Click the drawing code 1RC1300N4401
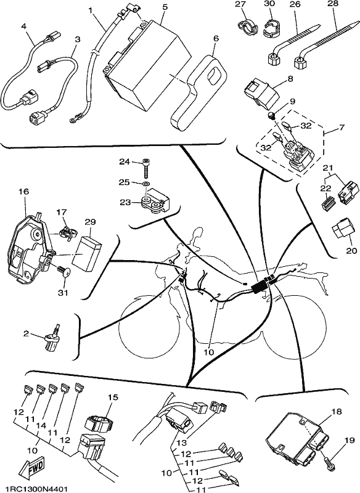(x=34, y=489)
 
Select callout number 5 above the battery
(x=164, y=7)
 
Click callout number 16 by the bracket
(x=25, y=192)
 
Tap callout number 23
(x=125, y=202)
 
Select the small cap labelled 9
(x=272, y=115)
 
